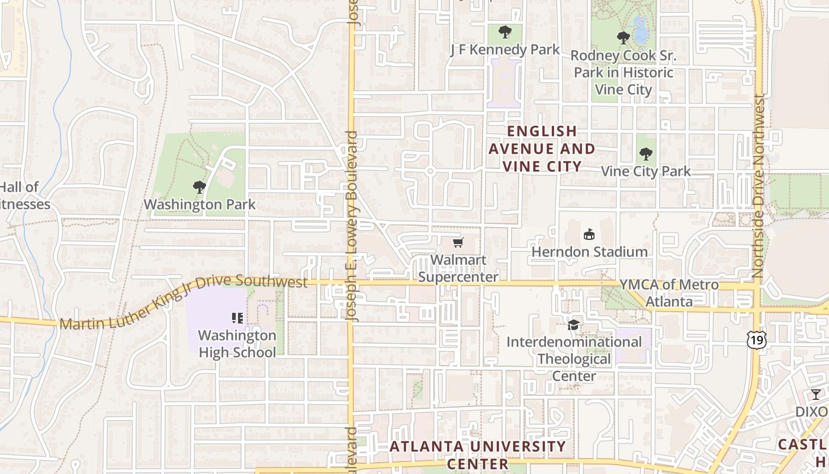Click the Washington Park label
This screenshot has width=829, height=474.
pos(200,205)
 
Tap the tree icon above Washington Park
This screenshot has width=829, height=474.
pos(200,188)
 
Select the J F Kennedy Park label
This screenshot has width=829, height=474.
pos(505,50)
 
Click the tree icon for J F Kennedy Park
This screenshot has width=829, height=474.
pos(505,32)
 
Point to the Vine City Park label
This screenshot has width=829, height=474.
pos(645,172)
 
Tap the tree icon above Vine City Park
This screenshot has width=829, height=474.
pos(645,154)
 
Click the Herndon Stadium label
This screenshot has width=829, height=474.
pos(589,252)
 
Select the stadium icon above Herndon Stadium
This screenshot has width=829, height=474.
pos(589,235)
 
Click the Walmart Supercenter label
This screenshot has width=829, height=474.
pos(458,268)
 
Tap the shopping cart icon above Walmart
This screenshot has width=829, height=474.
pos(458,242)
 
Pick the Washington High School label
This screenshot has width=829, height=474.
pos(237,344)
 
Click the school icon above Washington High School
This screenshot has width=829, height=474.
pos(237,318)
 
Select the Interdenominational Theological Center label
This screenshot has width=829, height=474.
pos(574,359)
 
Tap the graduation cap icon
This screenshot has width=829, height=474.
pos(573,325)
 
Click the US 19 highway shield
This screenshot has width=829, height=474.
pos(756,340)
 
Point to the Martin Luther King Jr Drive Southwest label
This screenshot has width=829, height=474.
pos(184,302)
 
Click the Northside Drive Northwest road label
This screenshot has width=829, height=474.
pos(759,187)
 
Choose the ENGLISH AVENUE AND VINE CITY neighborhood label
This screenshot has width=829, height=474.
pos(542,149)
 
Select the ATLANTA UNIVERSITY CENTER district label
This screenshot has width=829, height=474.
pos(478,454)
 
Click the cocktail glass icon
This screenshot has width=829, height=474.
pos(816,395)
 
